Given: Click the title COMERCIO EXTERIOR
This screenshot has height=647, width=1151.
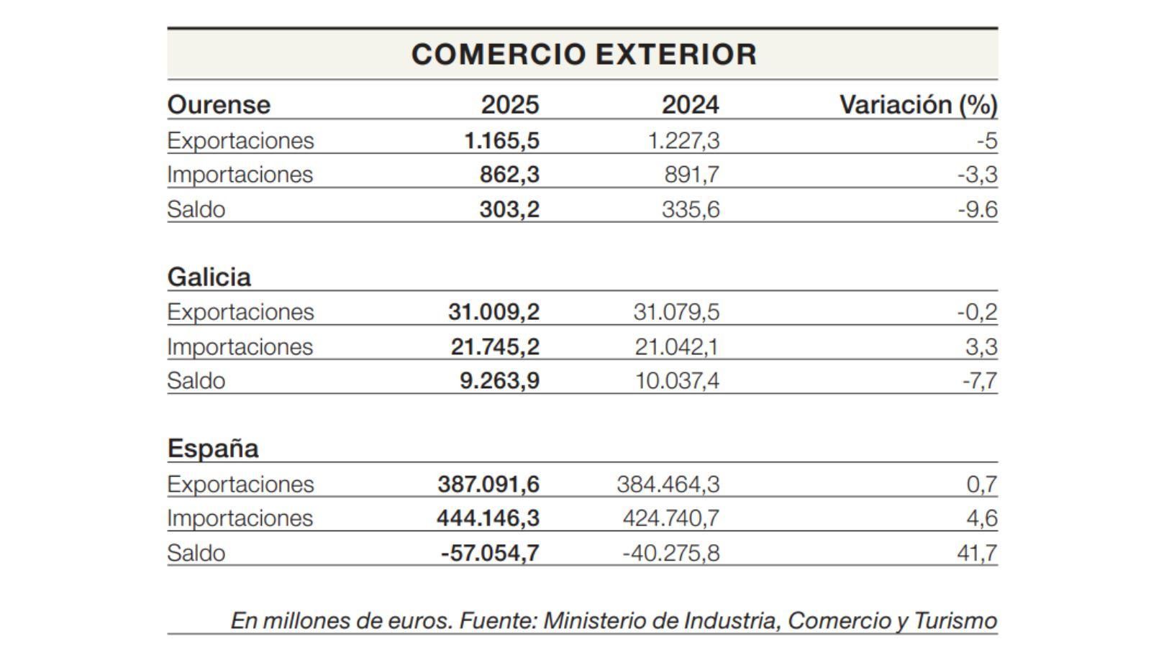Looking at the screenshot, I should click(x=583, y=55).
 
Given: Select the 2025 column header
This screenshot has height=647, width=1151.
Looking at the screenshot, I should click(x=509, y=105).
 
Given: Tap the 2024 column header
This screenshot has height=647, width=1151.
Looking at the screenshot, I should click(x=690, y=105).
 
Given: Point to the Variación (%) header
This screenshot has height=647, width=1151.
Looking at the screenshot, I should click(x=918, y=105).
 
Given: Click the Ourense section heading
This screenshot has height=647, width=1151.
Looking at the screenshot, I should click(x=219, y=105).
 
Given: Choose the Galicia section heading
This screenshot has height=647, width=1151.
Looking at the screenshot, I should click(x=209, y=277).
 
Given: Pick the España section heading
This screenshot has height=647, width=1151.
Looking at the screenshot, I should click(x=212, y=449).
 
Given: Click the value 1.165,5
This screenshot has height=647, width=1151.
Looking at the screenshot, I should click(x=501, y=140).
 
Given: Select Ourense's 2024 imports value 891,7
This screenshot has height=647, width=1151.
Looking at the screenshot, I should click(x=691, y=175).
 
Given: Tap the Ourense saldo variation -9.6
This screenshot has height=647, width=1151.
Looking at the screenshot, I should click(x=977, y=209).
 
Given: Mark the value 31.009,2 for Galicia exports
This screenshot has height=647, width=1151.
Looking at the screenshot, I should click(x=493, y=312).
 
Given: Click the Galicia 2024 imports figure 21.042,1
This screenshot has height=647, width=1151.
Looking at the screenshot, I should click(x=676, y=347).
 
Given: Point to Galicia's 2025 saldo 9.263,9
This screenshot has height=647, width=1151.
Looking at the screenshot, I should click(x=499, y=380).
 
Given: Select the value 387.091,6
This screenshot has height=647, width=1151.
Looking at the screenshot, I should click(x=488, y=484).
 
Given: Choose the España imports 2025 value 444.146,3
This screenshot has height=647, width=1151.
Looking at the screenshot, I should click(x=488, y=518).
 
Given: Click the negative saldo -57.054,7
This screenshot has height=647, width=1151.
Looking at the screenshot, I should click(x=489, y=553).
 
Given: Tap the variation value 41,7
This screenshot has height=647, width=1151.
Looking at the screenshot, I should click(x=981, y=553).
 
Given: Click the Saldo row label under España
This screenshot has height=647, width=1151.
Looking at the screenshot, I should click(x=196, y=553).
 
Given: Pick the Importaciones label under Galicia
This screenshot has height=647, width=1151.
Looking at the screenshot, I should click(x=240, y=347).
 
